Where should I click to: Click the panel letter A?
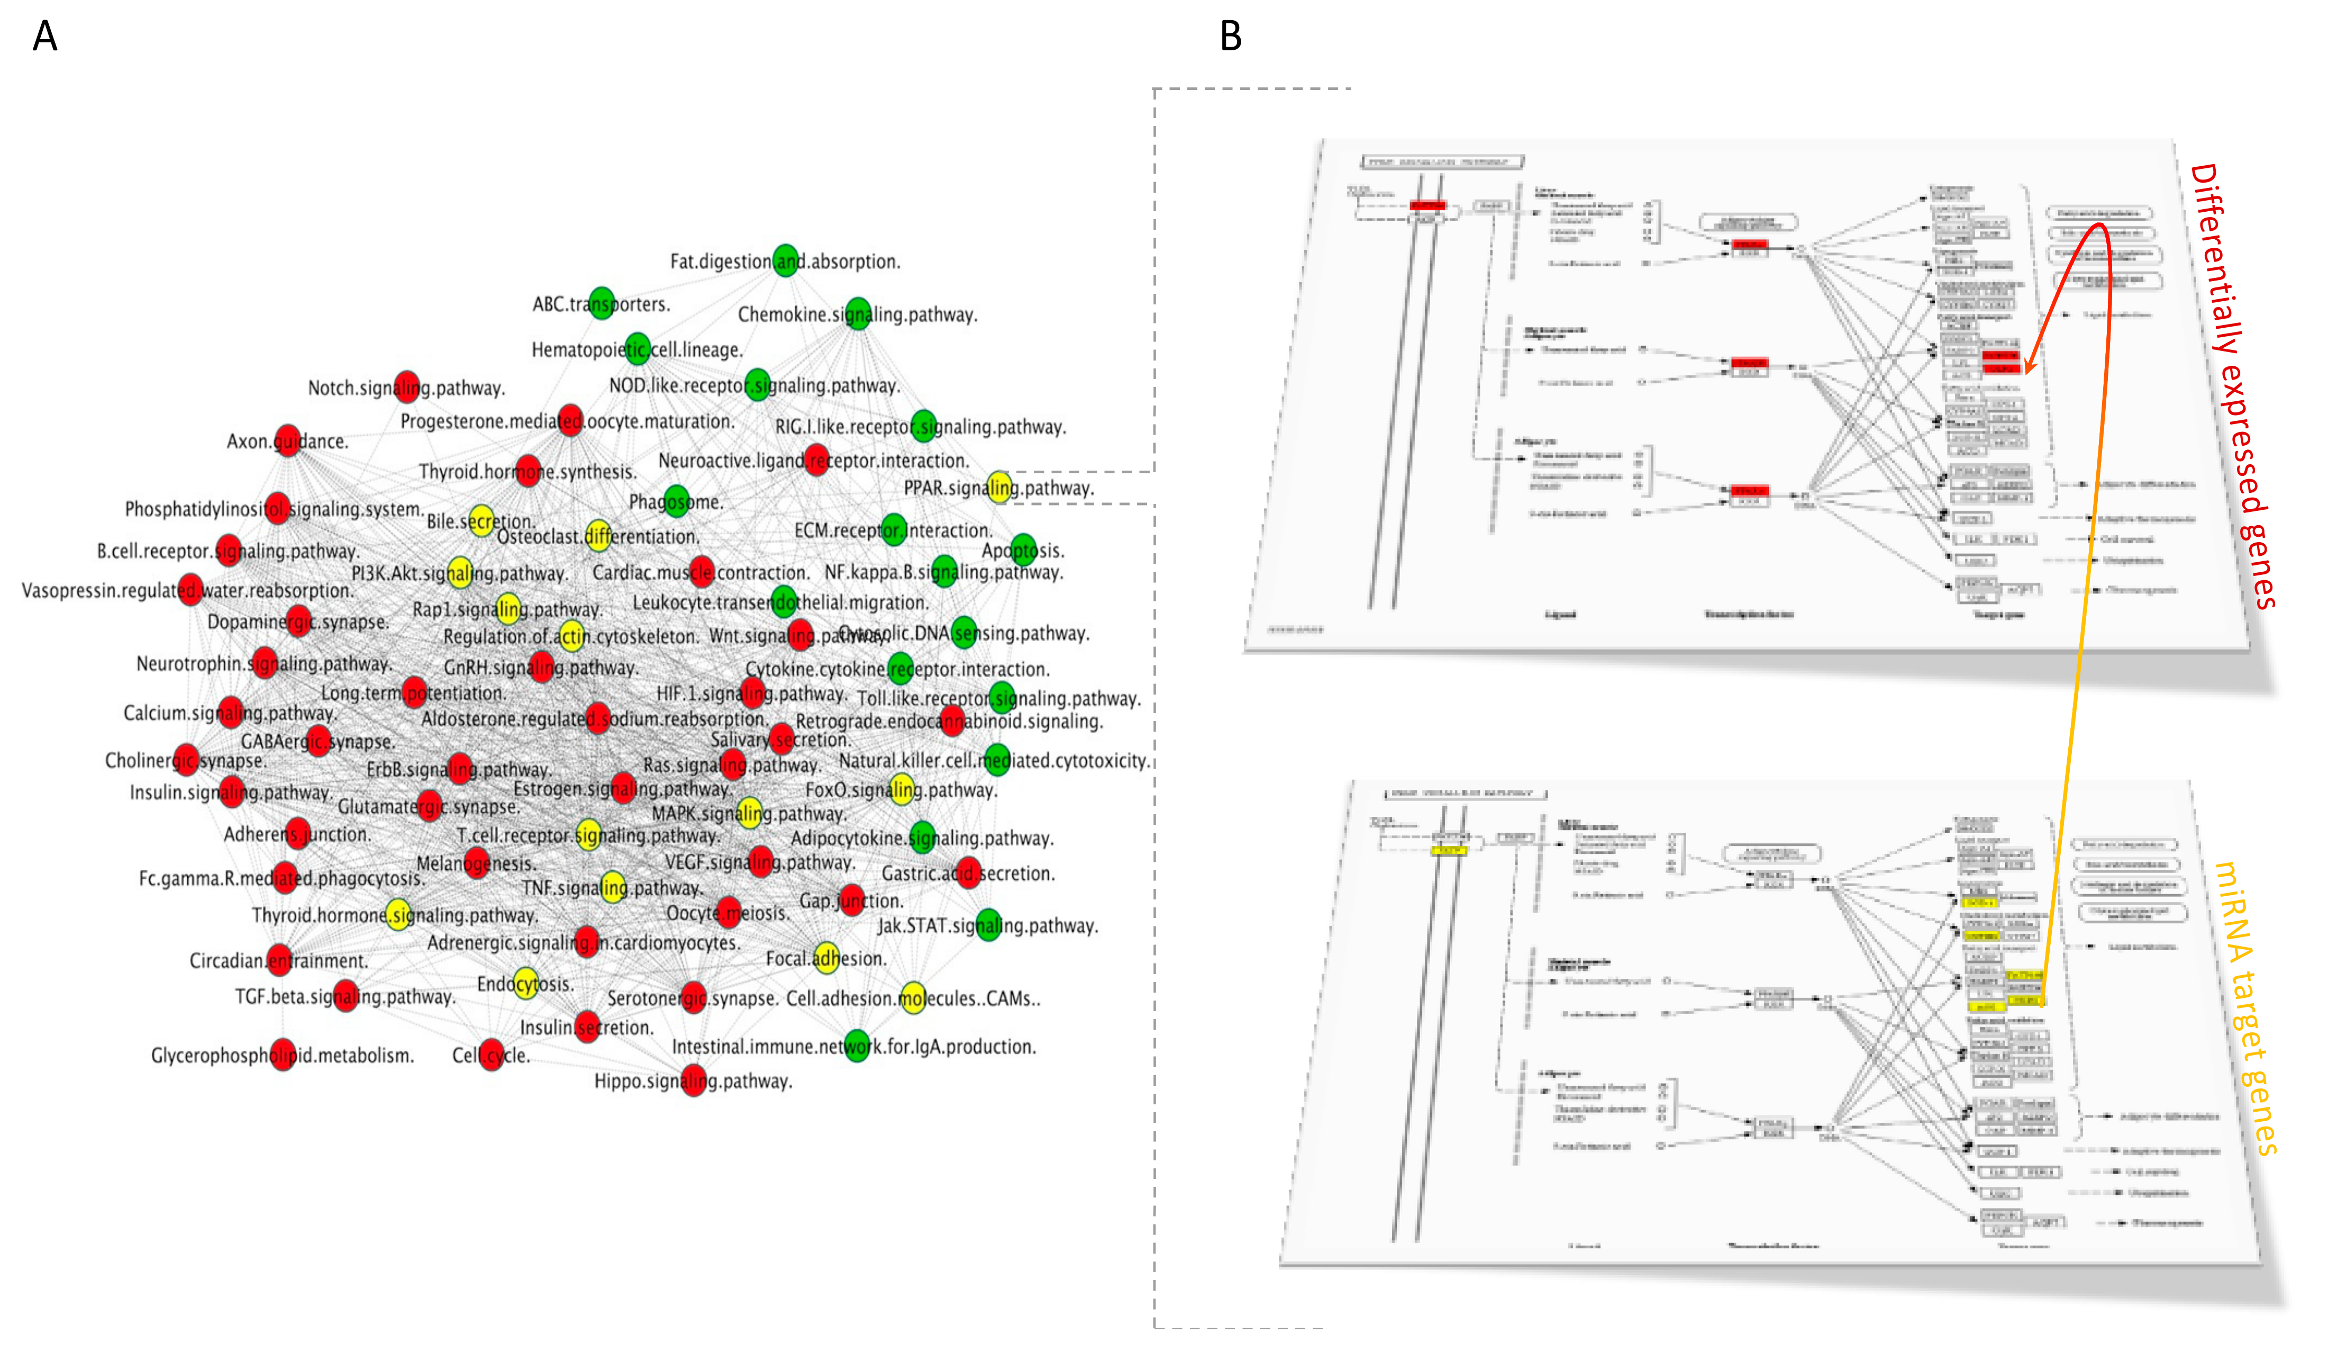(x=44, y=37)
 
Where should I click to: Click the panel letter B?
(x=1231, y=37)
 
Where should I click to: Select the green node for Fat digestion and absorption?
(x=785, y=260)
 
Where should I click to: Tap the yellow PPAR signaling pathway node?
(x=998, y=487)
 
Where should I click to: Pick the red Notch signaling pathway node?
(x=406, y=387)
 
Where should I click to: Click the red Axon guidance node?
(x=287, y=441)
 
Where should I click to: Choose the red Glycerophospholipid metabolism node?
(x=284, y=1055)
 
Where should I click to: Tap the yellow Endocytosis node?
(x=525, y=983)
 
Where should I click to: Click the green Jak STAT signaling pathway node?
(x=988, y=925)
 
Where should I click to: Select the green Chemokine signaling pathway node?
(x=857, y=314)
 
